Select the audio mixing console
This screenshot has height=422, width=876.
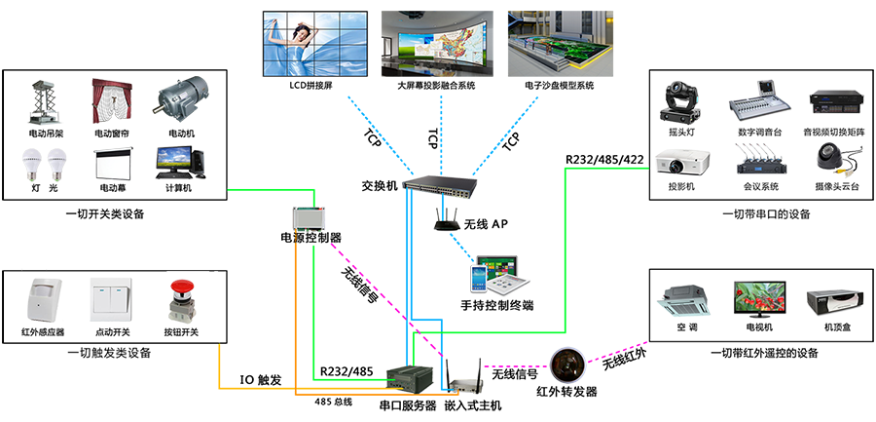tap(761, 102)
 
